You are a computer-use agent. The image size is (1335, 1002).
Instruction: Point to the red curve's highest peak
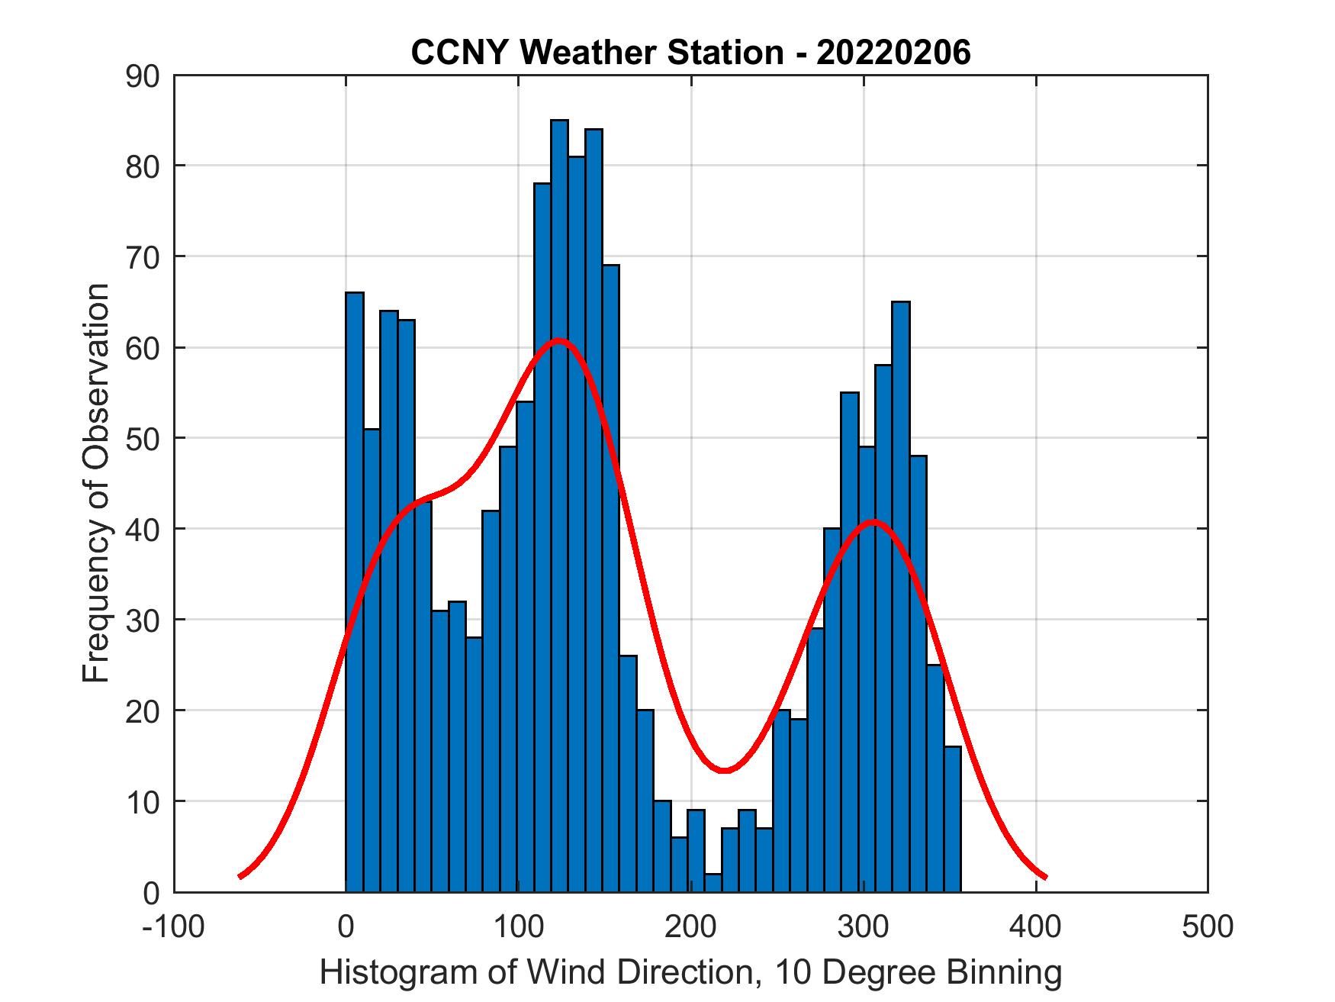pyautogui.click(x=559, y=340)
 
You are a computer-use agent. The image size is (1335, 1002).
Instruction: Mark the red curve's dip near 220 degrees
pyautogui.click(x=725, y=770)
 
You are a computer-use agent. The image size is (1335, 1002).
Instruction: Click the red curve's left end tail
pyautogui.click(x=241, y=875)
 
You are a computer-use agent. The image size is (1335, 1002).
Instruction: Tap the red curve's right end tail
pyautogui.click(x=1044, y=875)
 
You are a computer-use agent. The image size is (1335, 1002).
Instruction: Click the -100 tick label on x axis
pyautogui.click(x=174, y=926)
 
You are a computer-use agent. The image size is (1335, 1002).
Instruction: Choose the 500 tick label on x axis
pyautogui.click(x=1208, y=926)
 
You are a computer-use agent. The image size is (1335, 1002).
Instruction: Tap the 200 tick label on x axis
pyautogui.click(x=690, y=926)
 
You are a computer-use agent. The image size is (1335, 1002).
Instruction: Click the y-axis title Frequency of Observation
pyautogui.click(x=97, y=483)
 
